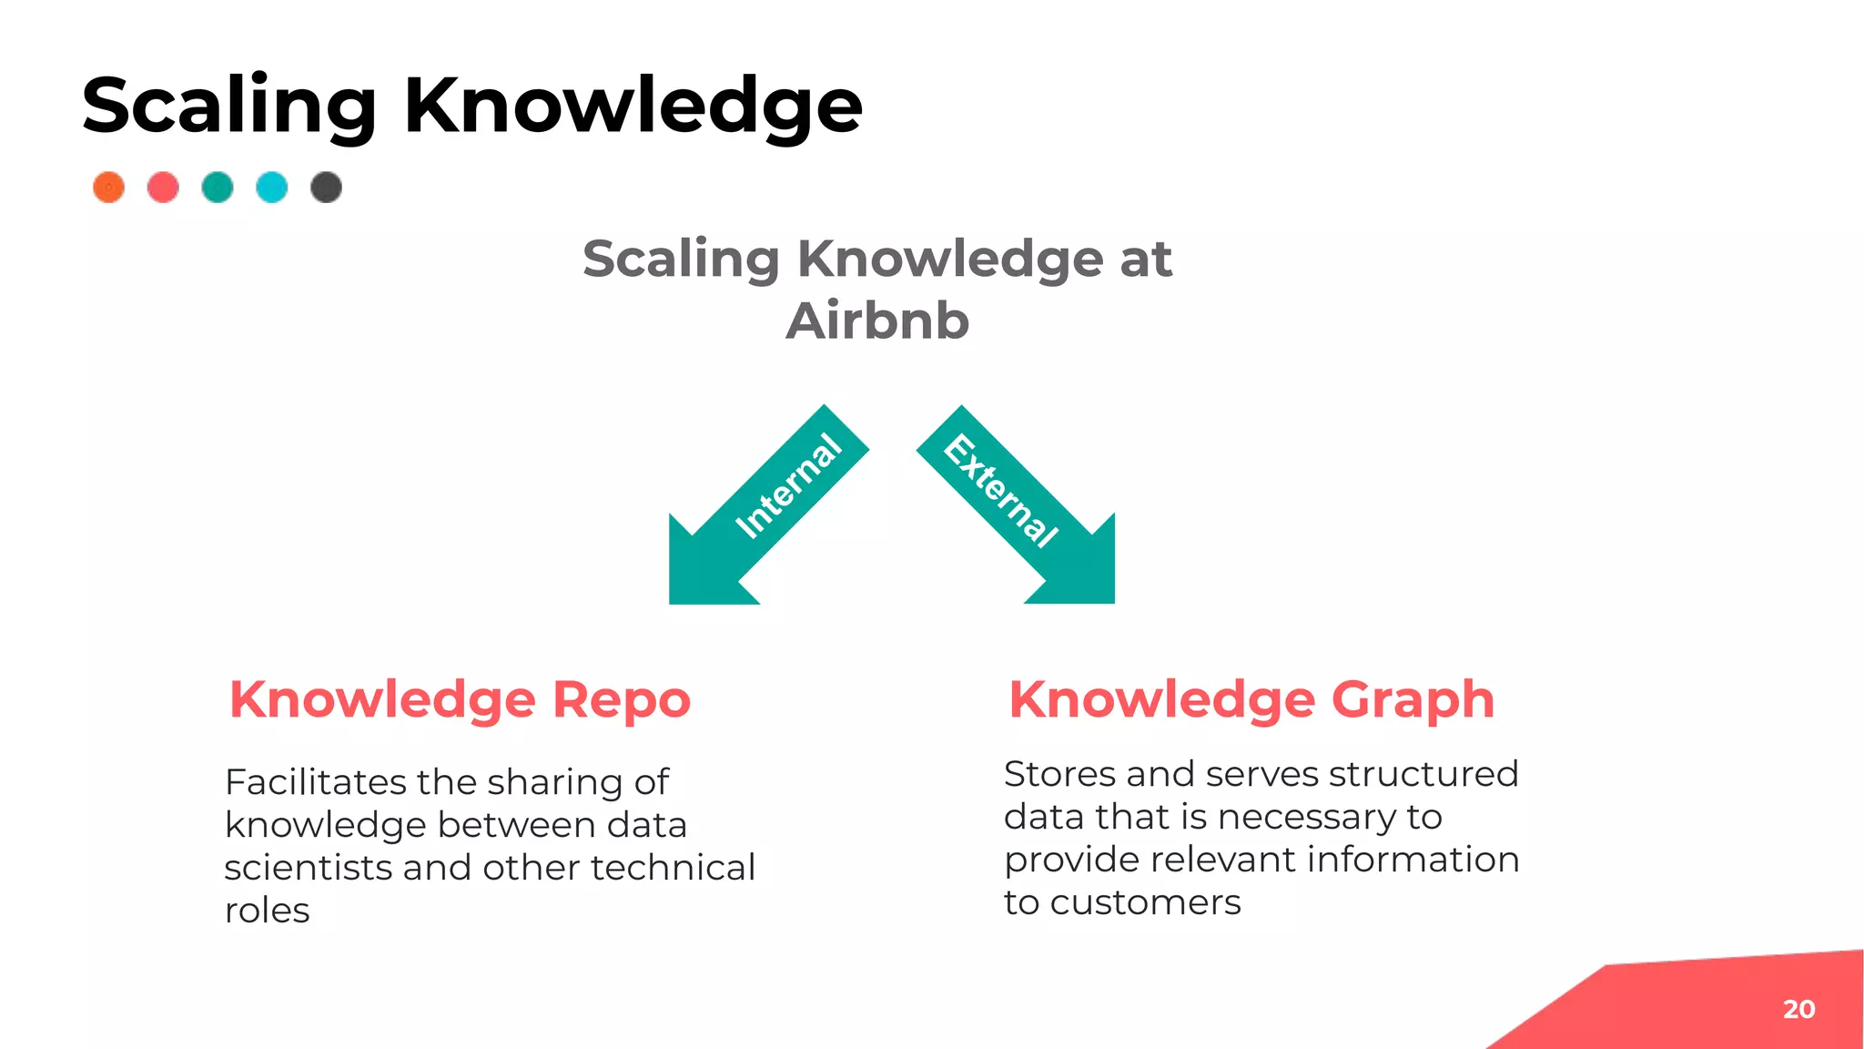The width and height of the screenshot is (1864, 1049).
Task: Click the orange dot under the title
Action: pos(109,188)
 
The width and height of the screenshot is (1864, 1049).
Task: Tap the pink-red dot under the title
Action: pos(163,188)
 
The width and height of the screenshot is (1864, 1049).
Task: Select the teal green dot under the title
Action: pos(218,188)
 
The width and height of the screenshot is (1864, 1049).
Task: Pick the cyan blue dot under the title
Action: pos(272,188)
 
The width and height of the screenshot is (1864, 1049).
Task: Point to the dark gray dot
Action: pos(326,188)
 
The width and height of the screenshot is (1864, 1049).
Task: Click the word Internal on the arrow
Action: pos(788,486)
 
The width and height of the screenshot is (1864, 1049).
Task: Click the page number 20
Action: pos(1798,1009)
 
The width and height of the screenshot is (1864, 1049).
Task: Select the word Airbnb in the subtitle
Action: pos(877,321)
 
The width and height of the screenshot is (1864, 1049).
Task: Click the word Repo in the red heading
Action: pos(622,699)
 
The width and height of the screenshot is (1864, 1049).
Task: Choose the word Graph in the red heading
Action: pos(1413,699)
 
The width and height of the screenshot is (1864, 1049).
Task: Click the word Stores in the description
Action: pos(1059,774)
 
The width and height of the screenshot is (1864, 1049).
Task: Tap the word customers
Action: pos(1145,902)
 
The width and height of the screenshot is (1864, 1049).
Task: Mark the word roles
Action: pos(268,911)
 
